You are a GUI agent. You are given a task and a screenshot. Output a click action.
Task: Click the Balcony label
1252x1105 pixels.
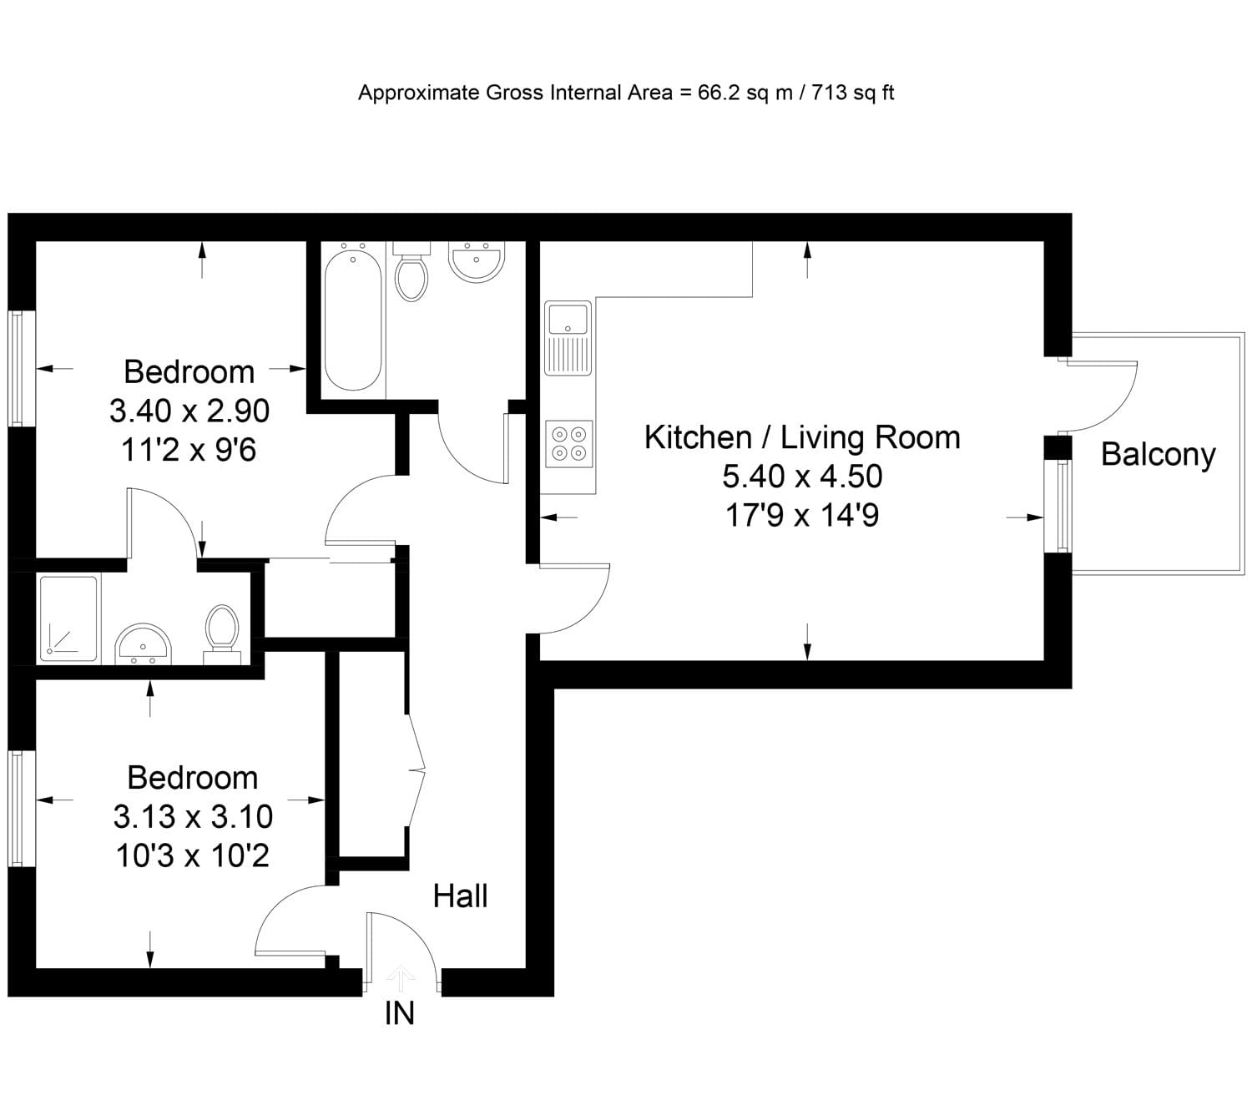tap(1158, 455)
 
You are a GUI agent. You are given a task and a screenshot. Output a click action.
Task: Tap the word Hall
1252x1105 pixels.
tap(460, 896)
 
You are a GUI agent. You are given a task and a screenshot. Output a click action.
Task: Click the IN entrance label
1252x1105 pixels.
tap(400, 1013)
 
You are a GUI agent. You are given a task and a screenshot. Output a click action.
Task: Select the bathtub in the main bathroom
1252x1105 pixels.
tap(353, 318)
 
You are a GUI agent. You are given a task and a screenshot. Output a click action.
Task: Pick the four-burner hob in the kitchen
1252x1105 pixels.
tap(569, 444)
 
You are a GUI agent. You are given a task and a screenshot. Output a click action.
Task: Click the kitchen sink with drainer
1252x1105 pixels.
tap(568, 338)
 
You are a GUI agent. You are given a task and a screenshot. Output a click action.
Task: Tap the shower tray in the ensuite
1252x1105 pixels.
tap(68, 618)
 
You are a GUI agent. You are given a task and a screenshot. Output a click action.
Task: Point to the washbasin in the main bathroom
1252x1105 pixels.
tap(476, 260)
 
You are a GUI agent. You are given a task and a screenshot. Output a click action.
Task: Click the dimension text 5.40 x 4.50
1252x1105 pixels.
tap(802, 477)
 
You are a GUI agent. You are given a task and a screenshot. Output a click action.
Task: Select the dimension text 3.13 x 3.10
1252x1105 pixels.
tap(193, 817)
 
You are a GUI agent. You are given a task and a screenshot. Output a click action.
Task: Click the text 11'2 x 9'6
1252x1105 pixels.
tap(189, 451)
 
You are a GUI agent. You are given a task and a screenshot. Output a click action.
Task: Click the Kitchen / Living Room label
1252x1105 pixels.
tap(802, 437)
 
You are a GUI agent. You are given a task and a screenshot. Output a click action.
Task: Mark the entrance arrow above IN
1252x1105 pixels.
tap(401, 978)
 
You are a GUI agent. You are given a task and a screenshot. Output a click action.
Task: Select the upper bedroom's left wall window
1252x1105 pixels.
tap(16, 369)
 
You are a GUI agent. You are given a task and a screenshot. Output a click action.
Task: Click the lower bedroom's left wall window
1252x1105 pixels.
tap(16, 809)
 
